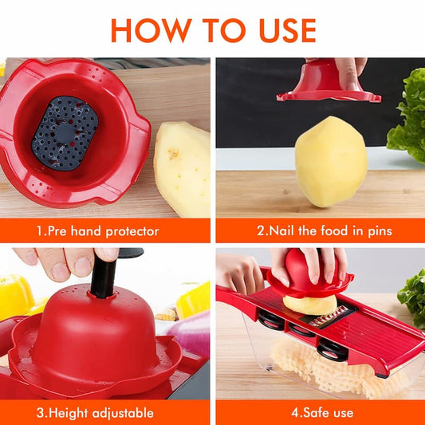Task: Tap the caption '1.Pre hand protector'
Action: click(97, 231)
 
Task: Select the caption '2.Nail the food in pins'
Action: click(324, 231)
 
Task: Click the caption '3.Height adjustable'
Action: click(95, 413)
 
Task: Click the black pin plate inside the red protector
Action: click(65, 132)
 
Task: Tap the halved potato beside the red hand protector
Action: click(183, 167)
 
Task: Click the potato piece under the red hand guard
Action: click(309, 305)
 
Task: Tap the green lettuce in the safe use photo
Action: click(413, 295)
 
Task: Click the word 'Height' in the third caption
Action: click(70, 413)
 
